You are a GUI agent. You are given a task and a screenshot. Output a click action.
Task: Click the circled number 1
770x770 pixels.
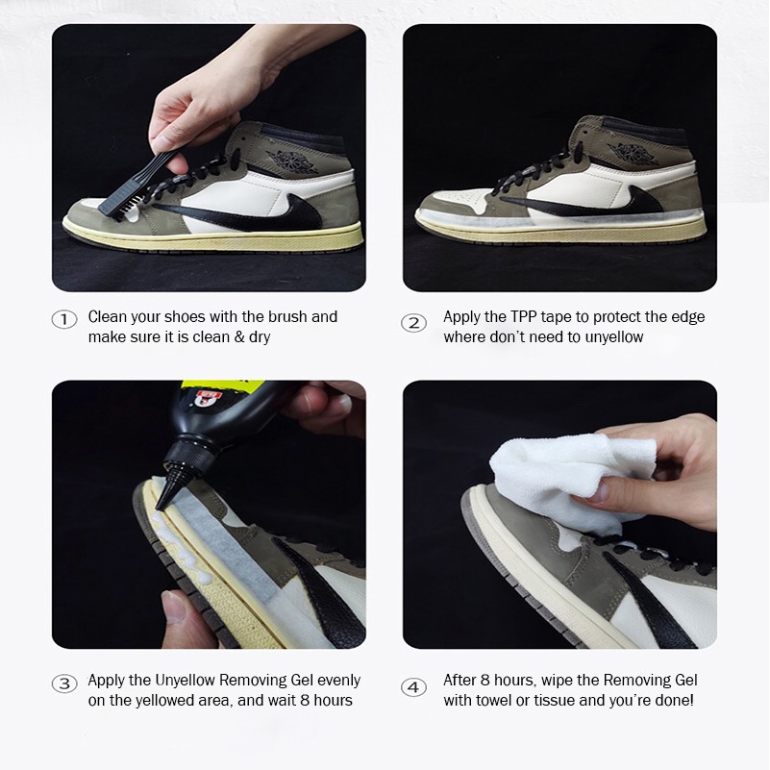coord(63,320)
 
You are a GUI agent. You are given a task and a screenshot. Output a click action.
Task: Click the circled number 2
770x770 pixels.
coord(413,323)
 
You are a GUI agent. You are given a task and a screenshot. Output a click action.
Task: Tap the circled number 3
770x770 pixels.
coord(63,683)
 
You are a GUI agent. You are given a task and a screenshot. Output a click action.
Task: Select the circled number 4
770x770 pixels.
coord(413,687)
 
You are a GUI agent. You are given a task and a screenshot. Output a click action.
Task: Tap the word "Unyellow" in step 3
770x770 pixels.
coord(186,681)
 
